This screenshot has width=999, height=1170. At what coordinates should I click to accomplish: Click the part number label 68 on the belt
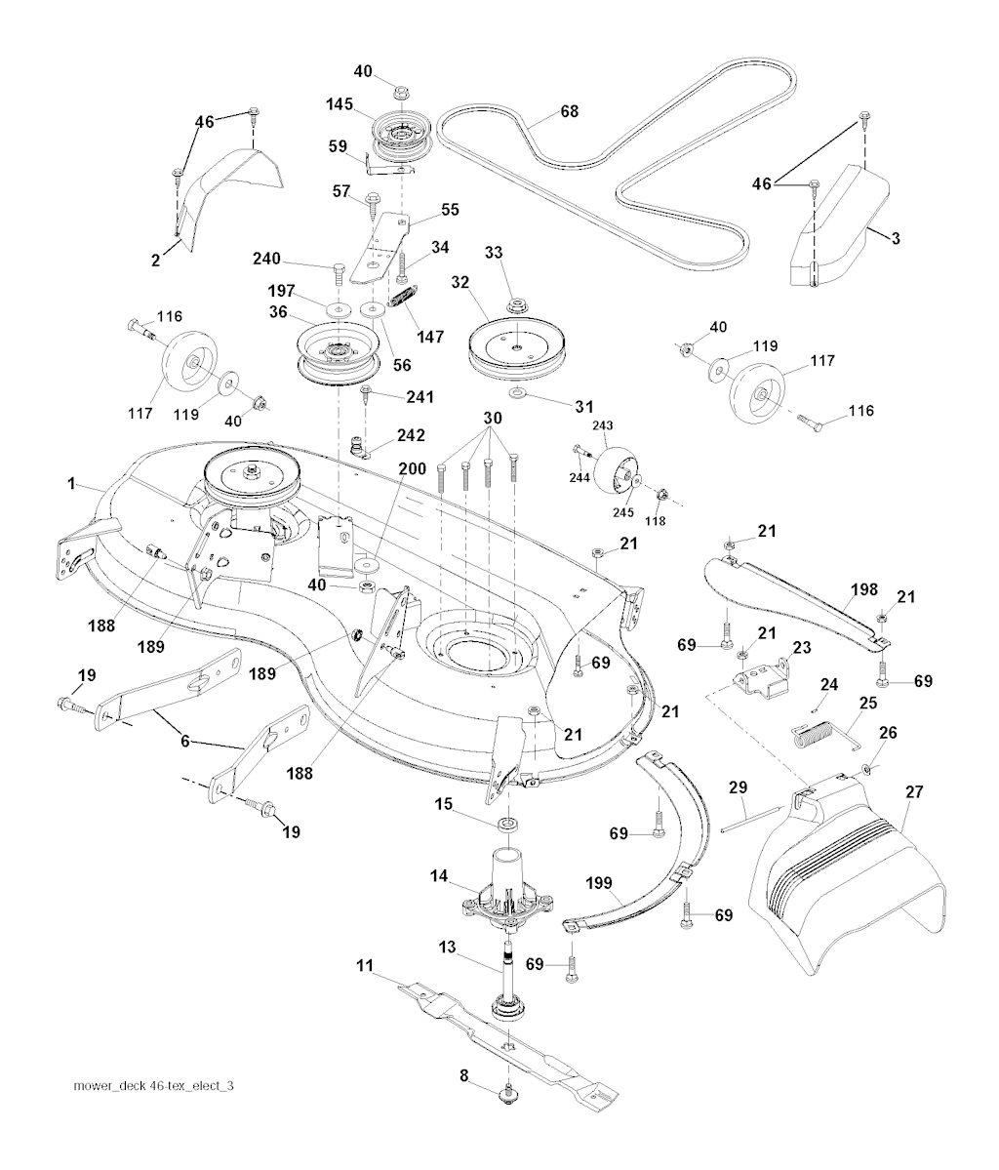tap(568, 112)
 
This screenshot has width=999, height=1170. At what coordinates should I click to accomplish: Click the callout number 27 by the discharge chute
tap(913, 793)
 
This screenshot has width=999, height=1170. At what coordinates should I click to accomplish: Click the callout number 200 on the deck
tap(412, 468)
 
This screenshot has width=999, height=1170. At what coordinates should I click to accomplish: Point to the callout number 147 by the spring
tap(428, 336)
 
